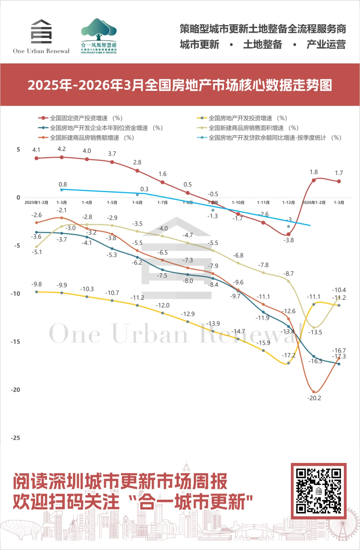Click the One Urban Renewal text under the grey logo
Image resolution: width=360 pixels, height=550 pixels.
[x=41, y=51]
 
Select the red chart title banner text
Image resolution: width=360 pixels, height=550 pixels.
[x=180, y=85]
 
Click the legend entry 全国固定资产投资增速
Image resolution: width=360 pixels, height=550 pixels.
[x=79, y=118]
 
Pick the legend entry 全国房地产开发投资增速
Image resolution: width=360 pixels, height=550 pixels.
[x=240, y=118]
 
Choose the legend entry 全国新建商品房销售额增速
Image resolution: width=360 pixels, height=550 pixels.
[x=84, y=138]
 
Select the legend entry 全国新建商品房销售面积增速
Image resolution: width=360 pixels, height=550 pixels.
[x=246, y=128]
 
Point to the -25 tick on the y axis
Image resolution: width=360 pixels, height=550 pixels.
[x=15, y=438]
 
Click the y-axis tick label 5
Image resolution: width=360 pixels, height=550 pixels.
[x=18, y=150]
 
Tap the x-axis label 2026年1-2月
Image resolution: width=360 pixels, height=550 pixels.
[x=313, y=202]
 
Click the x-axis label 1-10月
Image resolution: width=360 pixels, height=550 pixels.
[x=238, y=202]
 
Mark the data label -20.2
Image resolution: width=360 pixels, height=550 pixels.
[x=314, y=398]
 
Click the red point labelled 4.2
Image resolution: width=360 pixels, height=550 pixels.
[x=62, y=157]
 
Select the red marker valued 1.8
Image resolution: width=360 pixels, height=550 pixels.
[x=314, y=180]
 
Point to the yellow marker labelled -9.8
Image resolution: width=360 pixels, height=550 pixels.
[x=37, y=292]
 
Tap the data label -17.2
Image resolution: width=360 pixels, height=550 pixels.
[x=288, y=356]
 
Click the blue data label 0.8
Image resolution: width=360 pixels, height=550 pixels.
[x=63, y=184]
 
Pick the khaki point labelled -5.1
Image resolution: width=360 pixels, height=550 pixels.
[x=37, y=247]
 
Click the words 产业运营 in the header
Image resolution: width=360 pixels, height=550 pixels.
[x=326, y=44]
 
